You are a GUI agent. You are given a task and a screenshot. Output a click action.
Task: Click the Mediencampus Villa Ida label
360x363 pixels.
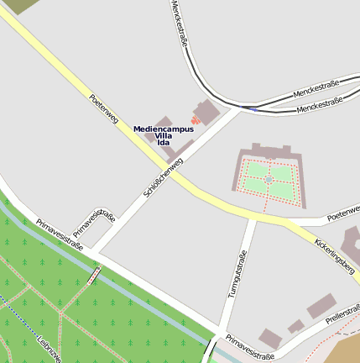(x=164, y=135)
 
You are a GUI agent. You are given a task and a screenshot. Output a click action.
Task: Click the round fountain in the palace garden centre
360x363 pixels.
(x=269, y=180)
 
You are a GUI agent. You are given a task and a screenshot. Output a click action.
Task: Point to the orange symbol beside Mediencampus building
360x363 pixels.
(x=196, y=120)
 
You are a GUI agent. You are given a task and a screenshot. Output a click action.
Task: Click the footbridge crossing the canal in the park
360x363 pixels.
(x=93, y=275)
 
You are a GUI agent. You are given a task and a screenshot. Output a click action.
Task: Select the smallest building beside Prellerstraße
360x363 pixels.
(x=295, y=326)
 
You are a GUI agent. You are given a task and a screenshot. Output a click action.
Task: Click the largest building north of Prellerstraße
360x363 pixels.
(x=321, y=306)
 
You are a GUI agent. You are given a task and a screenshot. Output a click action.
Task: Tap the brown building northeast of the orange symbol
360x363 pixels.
(x=206, y=111)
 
